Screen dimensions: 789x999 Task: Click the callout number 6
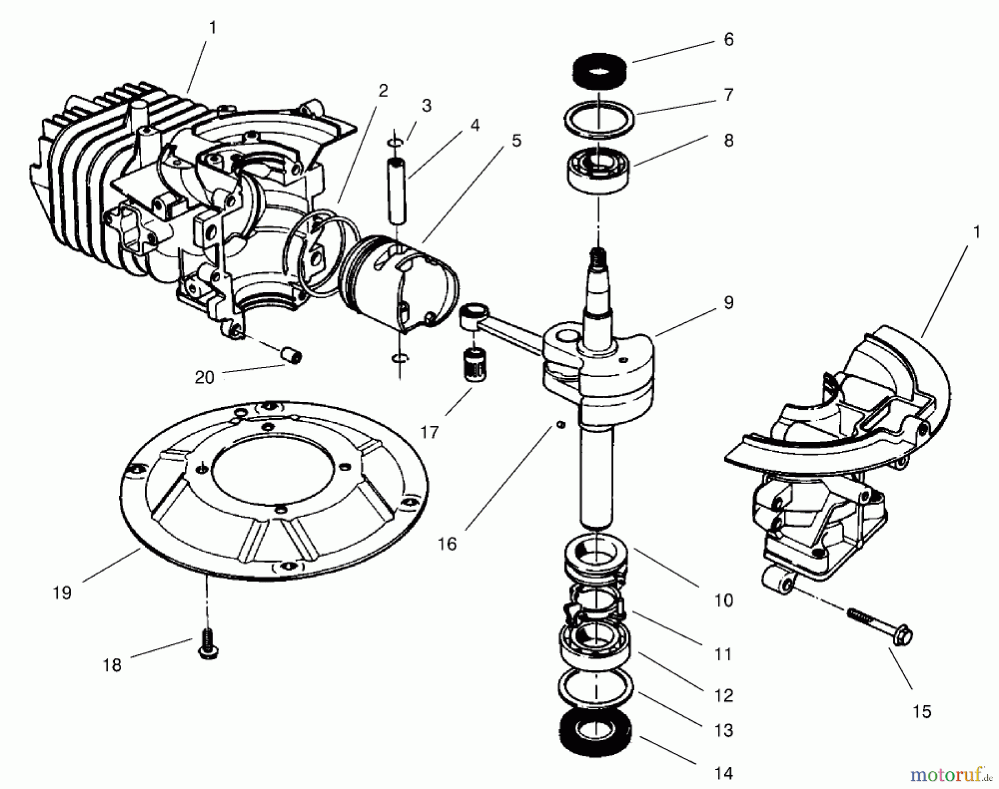click(729, 40)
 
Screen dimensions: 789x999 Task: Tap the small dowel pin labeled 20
click(292, 355)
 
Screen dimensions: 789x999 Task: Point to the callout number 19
click(62, 593)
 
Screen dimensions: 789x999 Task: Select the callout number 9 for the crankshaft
click(729, 303)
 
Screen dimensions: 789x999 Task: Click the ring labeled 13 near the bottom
click(595, 688)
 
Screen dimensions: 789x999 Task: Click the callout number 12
click(724, 695)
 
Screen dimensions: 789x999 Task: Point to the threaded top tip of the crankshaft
click(598, 256)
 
